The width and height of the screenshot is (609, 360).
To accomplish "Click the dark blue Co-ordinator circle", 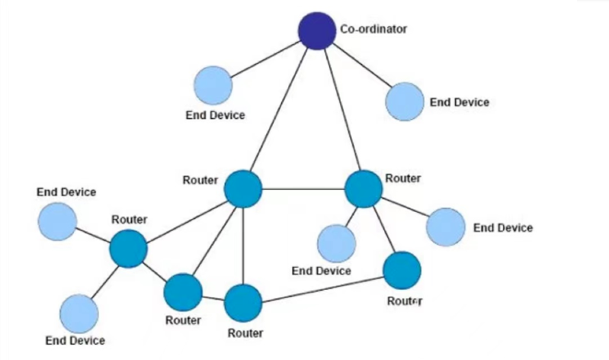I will point(316,31).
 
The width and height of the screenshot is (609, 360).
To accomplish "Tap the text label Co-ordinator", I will point(373,29).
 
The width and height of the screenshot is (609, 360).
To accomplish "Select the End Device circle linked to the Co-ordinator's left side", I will point(213,85).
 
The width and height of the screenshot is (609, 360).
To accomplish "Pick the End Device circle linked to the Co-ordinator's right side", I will point(404,102).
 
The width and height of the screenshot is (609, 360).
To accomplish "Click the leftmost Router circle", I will point(128,248).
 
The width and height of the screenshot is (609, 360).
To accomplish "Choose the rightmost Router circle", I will point(402,270).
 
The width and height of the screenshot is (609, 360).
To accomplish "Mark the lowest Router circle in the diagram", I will point(243,302).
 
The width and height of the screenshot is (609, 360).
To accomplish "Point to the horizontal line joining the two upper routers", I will point(303,188).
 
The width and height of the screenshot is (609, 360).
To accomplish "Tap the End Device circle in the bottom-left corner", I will point(79,313).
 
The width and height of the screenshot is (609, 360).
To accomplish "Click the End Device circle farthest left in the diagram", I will point(57,221).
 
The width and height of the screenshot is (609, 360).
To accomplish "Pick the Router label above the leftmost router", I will point(130,220).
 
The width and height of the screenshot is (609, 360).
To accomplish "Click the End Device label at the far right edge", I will point(503,227).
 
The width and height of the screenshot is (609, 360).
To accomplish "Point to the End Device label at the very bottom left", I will point(75,340).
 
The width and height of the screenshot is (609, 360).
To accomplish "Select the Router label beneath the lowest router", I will point(245,333).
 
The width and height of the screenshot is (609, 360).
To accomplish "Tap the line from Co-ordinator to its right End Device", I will point(359,65).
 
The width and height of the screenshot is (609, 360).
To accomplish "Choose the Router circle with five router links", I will point(243,188).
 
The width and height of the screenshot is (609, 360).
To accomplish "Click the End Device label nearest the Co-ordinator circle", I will point(216,115).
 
